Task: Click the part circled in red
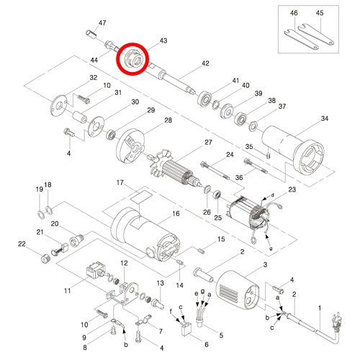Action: pos(133,59)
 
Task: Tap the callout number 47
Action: pos(102,23)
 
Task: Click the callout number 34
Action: pos(325,118)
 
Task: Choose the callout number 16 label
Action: pos(176,213)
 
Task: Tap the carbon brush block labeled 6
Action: pos(186,328)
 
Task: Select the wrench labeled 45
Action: pos(315,34)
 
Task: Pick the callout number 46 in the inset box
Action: pos(294,13)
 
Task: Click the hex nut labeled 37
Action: pos(253,126)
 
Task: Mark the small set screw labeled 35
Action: pos(269,156)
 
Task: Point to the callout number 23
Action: pos(292,189)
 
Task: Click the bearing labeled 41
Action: pos(204,99)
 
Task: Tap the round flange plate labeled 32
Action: pos(58,106)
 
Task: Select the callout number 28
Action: pos(168,120)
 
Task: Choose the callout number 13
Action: pos(160,283)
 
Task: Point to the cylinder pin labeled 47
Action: pos(91,34)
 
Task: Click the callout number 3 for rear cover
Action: pos(265,265)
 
